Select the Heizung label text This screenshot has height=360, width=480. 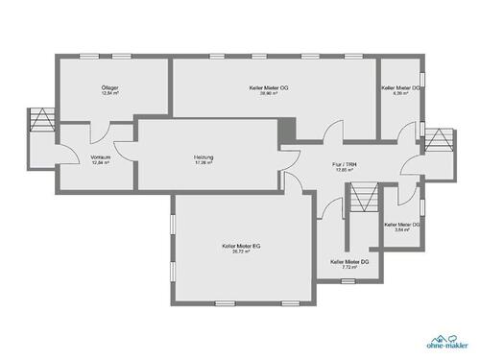pos(203,156)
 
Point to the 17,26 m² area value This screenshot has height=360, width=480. pos(203,163)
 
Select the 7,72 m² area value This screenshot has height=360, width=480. pos(349,267)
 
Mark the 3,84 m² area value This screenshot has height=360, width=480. pos(402,230)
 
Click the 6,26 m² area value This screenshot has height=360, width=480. pos(400,94)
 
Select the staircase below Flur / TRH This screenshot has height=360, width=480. pos(363,200)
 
